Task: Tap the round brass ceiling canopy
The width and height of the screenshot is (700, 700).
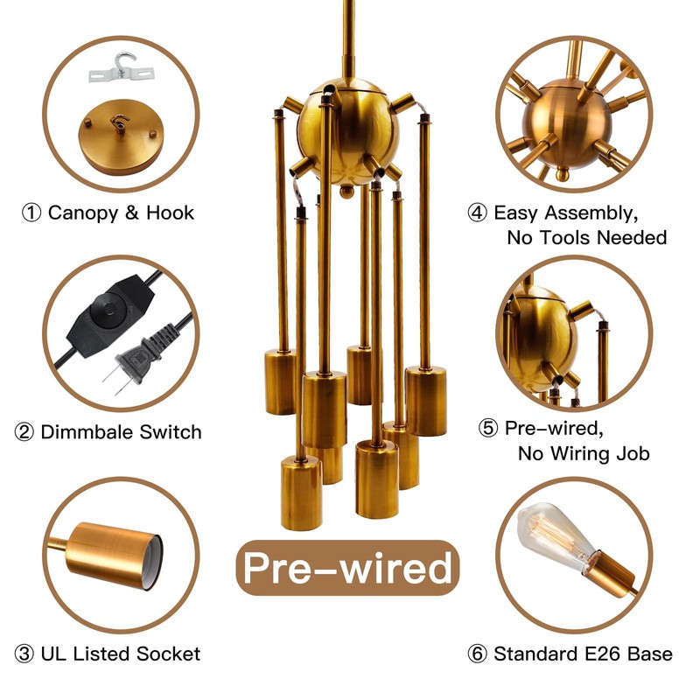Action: point(121,136)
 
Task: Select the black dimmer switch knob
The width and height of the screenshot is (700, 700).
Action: point(108,310)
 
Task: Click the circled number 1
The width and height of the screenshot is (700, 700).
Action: point(31,213)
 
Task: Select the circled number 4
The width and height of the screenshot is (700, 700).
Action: point(477,213)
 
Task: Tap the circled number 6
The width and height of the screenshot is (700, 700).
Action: point(477,654)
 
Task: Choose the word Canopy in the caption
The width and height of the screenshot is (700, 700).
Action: point(83,213)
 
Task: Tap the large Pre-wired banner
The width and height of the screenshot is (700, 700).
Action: point(347,567)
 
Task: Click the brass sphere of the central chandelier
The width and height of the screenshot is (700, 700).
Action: point(348,133)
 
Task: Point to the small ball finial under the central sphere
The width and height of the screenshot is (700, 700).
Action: point(346,192)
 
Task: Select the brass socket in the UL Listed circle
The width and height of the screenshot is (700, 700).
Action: point(115,555)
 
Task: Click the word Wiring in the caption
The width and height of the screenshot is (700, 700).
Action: point(580,453)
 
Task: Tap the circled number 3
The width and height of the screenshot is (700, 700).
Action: point(24,654)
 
